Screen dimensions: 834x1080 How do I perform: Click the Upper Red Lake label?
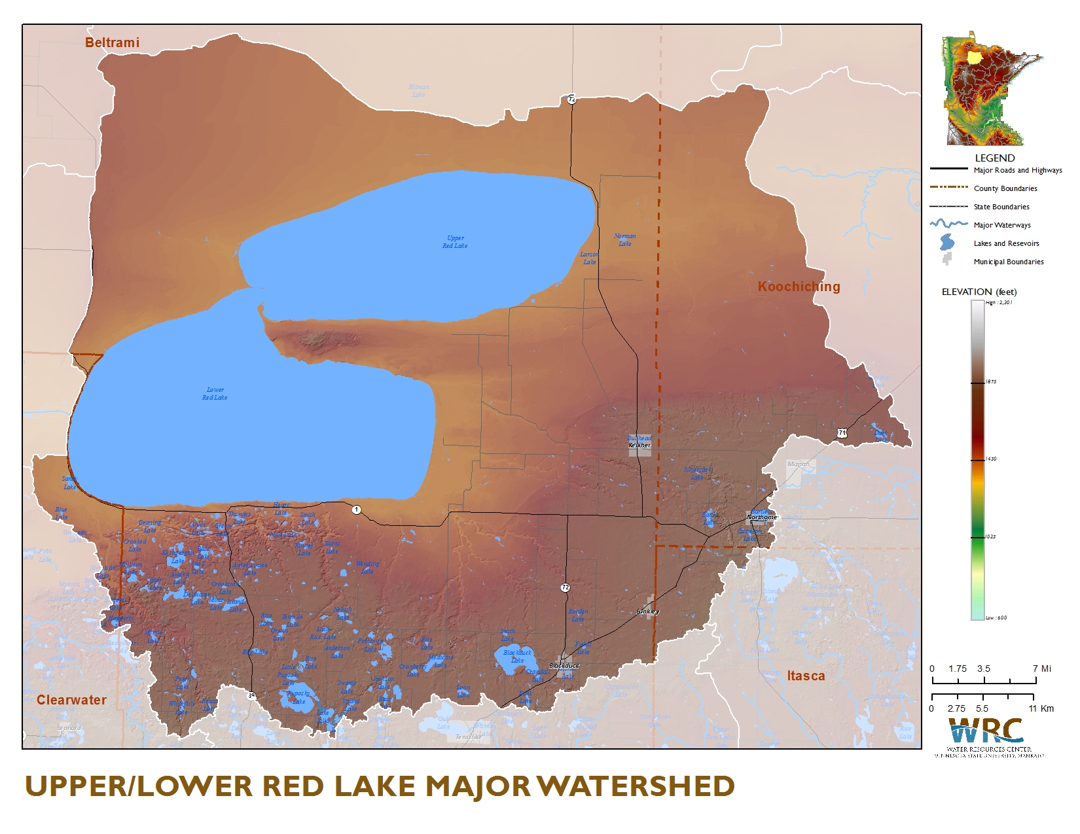pos(455,242)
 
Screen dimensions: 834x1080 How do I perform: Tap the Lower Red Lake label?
pos(215,394)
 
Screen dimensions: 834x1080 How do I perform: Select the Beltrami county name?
pos(112,43)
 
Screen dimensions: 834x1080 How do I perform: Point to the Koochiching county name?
pos(799,287)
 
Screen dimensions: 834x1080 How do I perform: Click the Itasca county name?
pos(806,676)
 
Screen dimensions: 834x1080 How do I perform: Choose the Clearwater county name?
pos(71,700)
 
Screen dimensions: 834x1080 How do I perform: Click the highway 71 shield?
pos(842,432)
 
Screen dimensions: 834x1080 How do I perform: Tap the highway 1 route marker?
pos(356,510)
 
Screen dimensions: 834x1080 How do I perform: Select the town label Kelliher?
pos(639,445)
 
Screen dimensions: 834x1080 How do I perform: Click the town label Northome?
pos(762,517)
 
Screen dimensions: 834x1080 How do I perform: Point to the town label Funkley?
pos(648,612)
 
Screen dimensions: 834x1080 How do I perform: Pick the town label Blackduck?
pos(564,666)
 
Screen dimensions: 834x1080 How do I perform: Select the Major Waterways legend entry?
pos(1001,225)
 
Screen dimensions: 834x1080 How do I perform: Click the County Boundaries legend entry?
pos(1005,188)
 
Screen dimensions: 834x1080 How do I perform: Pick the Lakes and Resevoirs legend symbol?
pos(947,243)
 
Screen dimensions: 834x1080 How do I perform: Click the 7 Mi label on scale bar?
pos(1041,669)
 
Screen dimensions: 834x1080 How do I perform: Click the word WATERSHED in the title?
pos(638,786)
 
